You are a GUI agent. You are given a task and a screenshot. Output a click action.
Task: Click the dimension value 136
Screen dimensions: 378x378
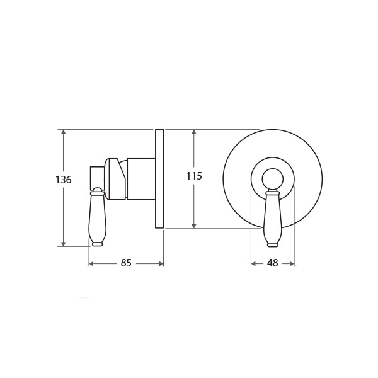point(64,180)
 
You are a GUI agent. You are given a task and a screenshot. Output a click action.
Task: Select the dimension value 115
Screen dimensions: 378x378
point(194,176)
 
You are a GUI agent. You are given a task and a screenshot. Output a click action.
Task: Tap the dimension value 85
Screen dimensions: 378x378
point(126,263)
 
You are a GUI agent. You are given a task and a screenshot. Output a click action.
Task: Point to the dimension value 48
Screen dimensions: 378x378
point(273,263)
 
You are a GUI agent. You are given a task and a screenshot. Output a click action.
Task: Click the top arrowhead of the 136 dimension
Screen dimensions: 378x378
point(64,132)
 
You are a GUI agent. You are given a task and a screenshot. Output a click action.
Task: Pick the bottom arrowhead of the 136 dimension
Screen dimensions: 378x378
point(64,244)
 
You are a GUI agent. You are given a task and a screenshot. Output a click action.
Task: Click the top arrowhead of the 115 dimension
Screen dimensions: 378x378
point(194,132)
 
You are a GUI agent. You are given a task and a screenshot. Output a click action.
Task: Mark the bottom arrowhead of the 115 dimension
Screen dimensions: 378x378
point(194,226)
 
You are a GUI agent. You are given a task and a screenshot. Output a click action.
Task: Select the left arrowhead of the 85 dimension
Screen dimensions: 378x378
point(91,264)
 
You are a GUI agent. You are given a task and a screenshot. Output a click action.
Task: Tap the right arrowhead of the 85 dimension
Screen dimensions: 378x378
point(161,264)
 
